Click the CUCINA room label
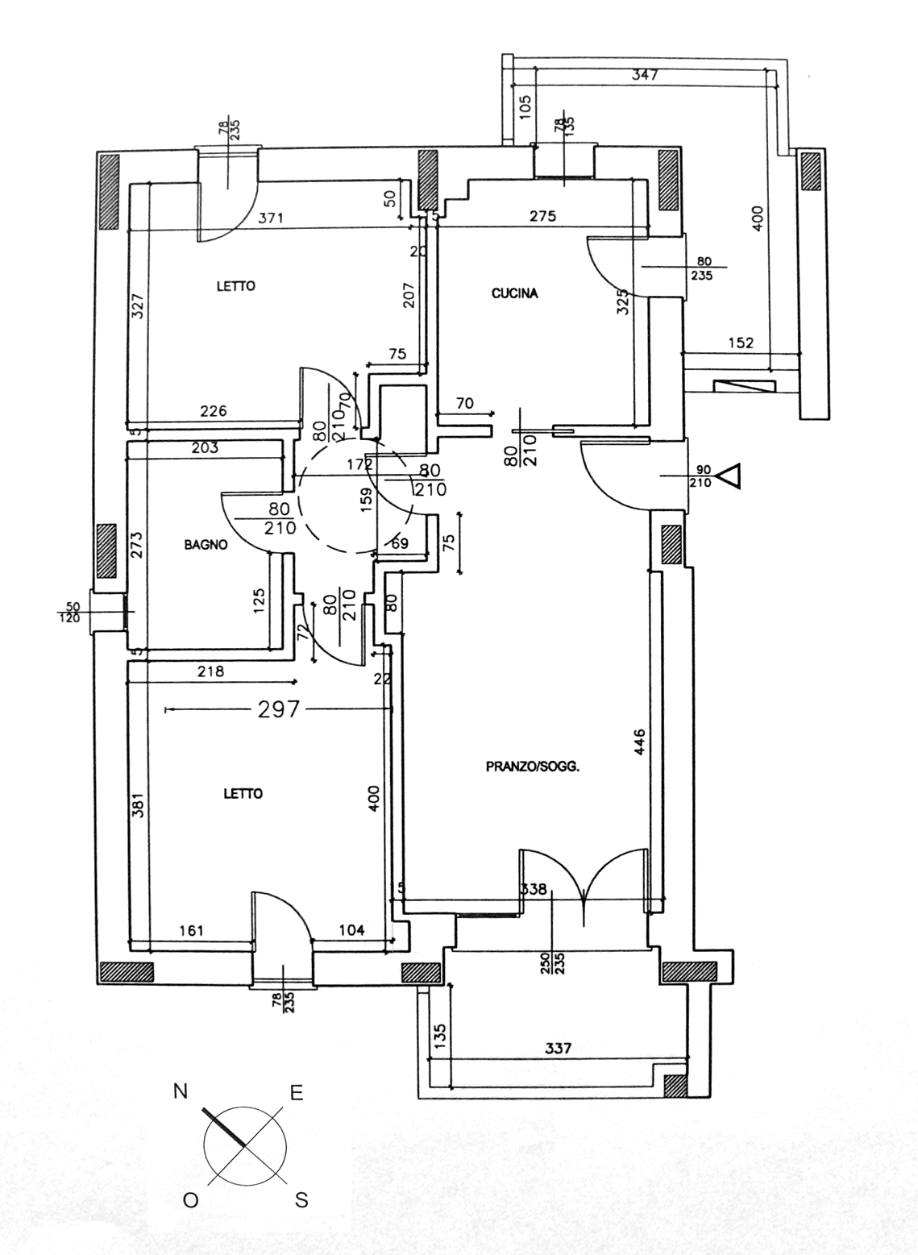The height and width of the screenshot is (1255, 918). click(x=514, y=294)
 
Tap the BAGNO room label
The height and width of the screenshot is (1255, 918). click(x=206, y=545)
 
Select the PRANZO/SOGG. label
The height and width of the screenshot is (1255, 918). click(x=533, y=767)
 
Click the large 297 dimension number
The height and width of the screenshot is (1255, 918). click(x=278, y=709)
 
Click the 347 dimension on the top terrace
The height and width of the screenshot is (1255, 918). click(x=646, y=76)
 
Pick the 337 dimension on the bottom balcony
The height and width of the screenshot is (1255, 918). click(x=558, y=1048)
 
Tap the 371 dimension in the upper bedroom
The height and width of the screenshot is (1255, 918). click(x=272, y=218)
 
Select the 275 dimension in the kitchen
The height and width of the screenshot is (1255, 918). click(x=542, y=216)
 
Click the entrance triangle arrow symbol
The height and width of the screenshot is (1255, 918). click(x=729, y=476)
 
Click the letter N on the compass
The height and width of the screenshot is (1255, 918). click(x=181, y=1091)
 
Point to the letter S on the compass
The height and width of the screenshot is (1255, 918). click(x=301, y=1201)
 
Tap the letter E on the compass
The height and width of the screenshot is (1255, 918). click(x=297, y=1093)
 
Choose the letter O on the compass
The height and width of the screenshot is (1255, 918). click(x=190, y=1201)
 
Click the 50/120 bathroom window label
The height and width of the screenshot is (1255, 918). click(x=73, y=612)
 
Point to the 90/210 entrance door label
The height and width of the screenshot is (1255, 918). click(x=700, y=476)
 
